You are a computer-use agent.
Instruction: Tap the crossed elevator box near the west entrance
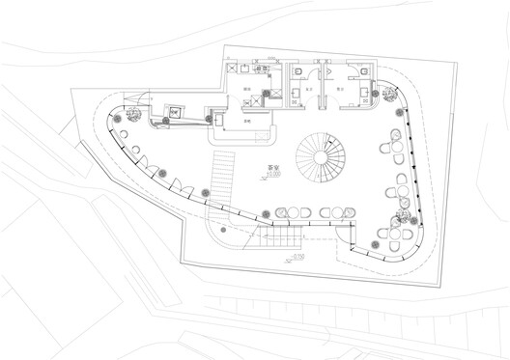tap(174, 112)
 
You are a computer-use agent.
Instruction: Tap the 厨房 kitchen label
tap(247, 90)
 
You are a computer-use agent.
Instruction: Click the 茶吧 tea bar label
tap(248, 120)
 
